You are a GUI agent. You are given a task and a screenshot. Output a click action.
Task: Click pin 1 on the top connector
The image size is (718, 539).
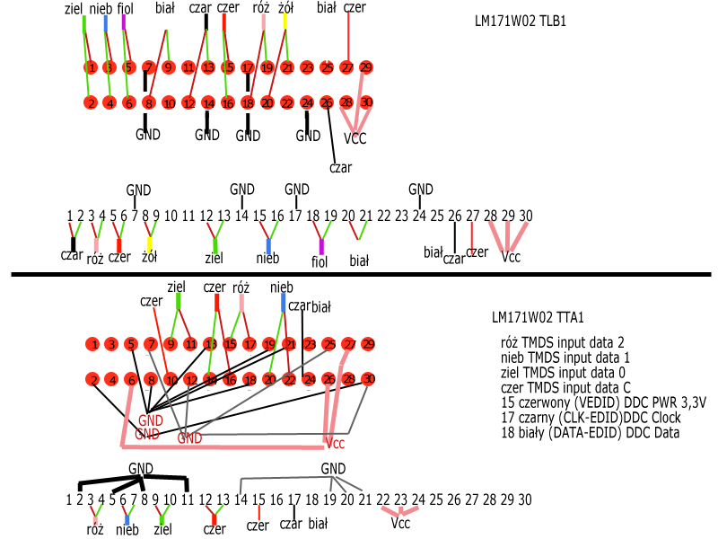[91, 67]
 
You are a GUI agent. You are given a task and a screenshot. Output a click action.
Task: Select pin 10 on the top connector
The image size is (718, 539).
[169, 103]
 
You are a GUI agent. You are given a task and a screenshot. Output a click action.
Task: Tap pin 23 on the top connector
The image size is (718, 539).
[308, 67]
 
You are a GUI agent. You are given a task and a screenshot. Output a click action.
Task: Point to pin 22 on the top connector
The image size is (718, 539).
[287, 103]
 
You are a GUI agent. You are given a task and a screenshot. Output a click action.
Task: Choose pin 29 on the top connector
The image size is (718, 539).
[366, 67]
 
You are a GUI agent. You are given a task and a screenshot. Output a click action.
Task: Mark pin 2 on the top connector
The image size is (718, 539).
[91, 103]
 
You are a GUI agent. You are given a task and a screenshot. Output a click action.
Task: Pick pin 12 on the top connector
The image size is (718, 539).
[188, 103]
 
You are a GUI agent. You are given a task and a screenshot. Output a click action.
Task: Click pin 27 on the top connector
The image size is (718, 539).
[346, 67]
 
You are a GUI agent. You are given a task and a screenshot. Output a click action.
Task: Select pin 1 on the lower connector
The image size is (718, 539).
[92, 344]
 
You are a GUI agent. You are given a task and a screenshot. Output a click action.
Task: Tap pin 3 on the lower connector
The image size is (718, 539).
[111, 344]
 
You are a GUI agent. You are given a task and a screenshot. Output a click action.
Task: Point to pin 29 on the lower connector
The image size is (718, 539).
[368, 344]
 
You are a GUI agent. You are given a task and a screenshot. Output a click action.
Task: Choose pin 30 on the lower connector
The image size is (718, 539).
[368, 380]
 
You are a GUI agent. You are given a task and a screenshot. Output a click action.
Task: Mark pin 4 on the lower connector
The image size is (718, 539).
[111, 380]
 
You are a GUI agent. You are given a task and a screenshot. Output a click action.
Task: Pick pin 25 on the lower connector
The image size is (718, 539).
[329, 344]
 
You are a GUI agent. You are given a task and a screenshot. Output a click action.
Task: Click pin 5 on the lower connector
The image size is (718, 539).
[131, 344]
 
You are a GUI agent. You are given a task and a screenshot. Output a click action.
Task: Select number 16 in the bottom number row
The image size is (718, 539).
[276, 499]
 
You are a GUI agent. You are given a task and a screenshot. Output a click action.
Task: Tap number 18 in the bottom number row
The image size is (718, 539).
[311, 499]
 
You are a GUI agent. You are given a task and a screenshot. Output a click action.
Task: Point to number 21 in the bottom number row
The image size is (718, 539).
[365, 499]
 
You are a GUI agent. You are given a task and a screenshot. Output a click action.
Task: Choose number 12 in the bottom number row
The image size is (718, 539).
[206, 499]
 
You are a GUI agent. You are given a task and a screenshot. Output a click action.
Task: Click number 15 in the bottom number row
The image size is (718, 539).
[258, 499]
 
